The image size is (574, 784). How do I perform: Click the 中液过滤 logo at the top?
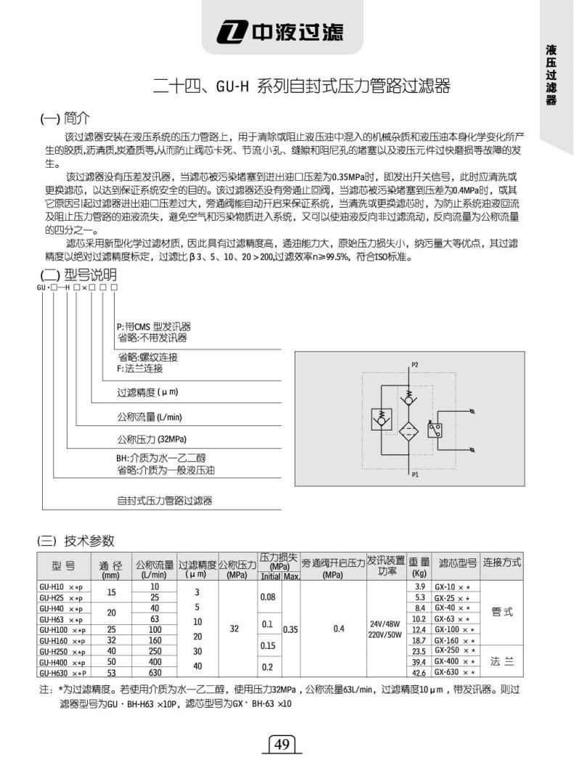283,31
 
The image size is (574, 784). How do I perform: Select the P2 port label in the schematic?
415,364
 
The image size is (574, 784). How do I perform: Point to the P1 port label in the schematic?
415,475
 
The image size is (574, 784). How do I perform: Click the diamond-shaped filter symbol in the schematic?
409,430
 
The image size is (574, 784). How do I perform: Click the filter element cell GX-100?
454,630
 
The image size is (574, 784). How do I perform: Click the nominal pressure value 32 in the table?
234,629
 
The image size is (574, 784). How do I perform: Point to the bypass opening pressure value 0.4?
339,629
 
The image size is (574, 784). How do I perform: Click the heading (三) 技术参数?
75,540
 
